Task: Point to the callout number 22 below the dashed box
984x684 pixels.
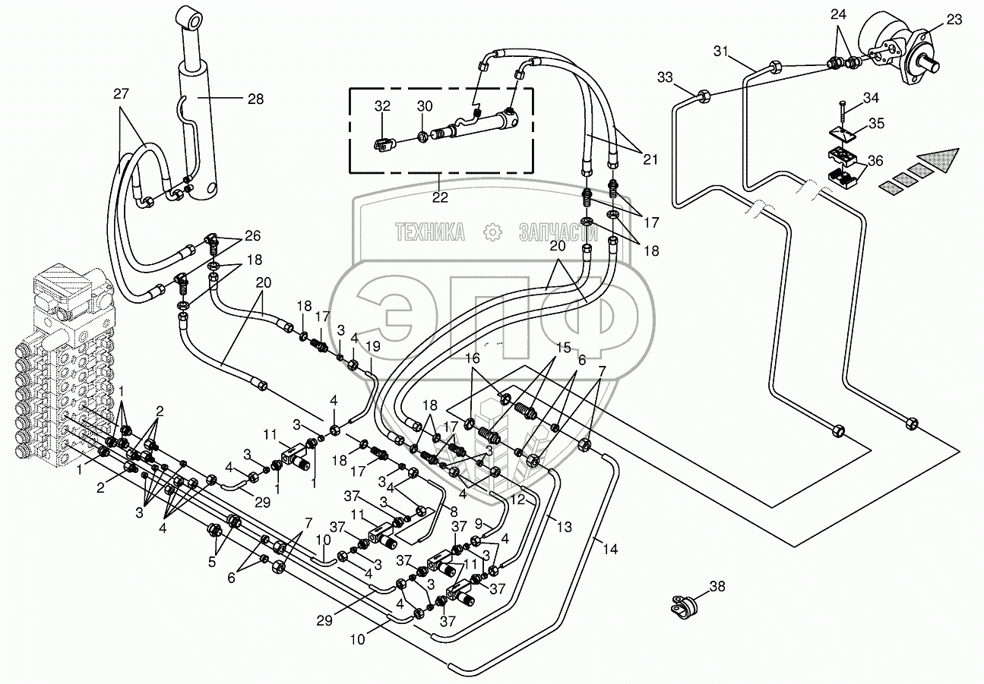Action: pos(439,197)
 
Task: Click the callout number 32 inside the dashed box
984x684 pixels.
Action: pos(382,106)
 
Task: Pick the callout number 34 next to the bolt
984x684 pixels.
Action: pos(870,97)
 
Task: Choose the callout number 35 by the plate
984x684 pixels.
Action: pos(876,122)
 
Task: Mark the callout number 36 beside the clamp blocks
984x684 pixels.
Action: pos(876,160)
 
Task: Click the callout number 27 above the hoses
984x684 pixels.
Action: pos(121,94)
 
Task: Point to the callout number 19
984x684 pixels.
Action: pos(372,346)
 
